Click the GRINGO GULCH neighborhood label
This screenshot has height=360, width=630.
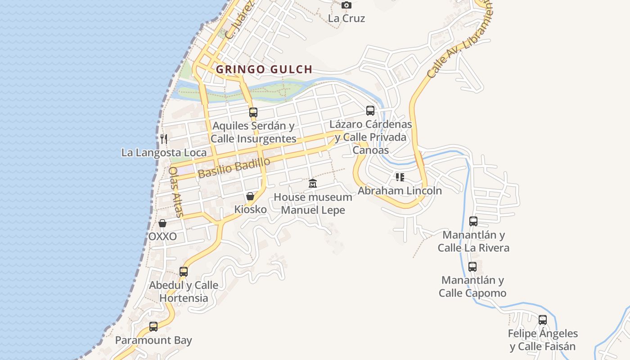[264, 69]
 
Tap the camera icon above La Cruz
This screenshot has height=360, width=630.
[346, 5]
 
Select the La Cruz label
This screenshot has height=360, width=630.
[346, 18]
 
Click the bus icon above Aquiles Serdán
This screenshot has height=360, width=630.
[253, 112]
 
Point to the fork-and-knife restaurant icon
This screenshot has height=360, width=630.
[164, 139]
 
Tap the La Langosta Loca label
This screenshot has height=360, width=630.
[164, 153]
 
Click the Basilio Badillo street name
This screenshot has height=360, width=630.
[234, 167]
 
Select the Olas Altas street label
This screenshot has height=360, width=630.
[175, 192]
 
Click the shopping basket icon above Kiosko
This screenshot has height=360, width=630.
[250, 196]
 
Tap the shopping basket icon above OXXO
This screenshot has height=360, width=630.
[162, 223]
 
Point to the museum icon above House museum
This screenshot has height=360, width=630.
[313, 184]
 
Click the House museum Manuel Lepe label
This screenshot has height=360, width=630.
[313, 203]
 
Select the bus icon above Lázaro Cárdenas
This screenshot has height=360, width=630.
[370, 110]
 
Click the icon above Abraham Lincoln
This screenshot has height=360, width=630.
[400, 177]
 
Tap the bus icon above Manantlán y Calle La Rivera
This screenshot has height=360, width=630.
[473, 221]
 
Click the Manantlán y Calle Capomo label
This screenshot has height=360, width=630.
[472, 286]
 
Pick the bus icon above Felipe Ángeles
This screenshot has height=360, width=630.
[543, 319]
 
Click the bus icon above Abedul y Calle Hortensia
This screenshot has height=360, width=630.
[184, 271]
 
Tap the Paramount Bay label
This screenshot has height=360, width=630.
[153, 340]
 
